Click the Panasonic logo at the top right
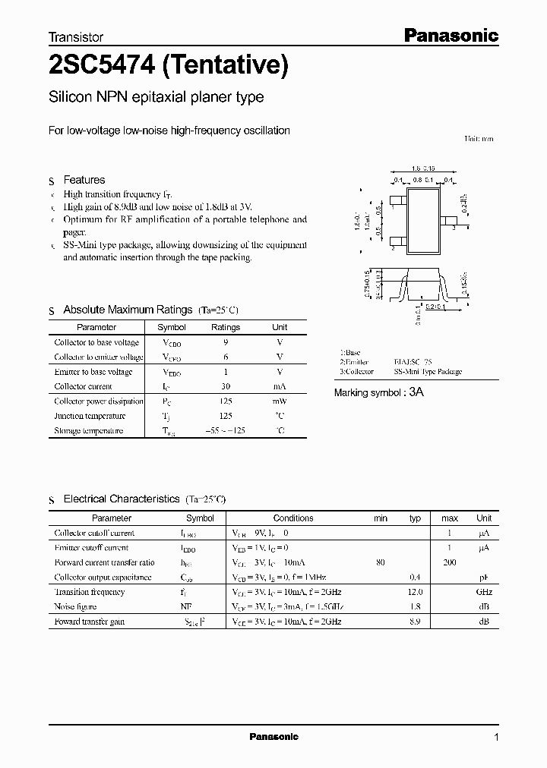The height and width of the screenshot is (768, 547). [450, 35]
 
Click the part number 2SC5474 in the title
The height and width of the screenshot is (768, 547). [101, 68]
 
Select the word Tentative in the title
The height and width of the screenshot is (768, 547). [226, 68]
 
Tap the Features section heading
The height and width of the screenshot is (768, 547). [84, 180]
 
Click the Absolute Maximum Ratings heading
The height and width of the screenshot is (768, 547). [128, 310]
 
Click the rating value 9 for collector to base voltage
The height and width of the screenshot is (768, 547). [225, 342]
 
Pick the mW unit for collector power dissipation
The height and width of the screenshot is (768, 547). [280, 401]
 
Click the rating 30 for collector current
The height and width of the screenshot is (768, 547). [225, 386]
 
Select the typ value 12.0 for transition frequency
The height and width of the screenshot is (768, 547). [415, 592]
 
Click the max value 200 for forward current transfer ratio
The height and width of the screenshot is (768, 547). [450, 562]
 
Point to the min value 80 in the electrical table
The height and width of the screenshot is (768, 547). [380, 562]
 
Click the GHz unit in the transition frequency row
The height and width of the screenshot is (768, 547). [484, 592]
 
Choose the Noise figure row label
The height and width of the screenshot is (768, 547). [74, 606]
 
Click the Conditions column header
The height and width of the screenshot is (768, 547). [293, 518]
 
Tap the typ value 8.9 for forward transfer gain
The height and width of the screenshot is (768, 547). [415, 622]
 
